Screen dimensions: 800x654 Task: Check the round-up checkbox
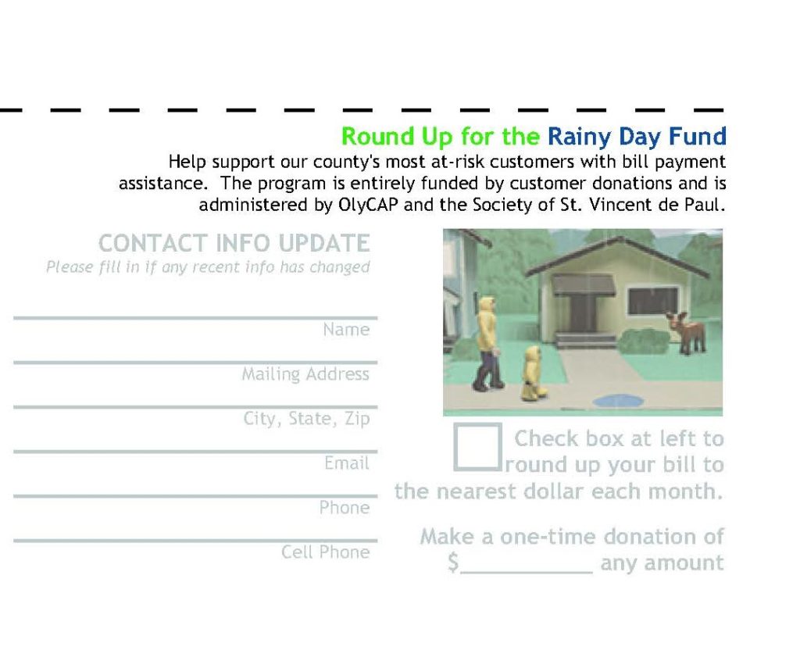477,447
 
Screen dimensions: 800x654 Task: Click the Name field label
346,330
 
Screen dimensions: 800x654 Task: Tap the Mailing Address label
305,374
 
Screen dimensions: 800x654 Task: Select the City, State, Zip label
306,418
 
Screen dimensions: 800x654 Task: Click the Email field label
347,463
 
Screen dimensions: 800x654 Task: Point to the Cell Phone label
326,552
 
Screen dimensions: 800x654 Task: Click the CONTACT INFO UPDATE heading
234,243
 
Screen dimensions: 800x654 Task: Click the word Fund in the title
698,136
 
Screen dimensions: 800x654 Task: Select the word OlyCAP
368,205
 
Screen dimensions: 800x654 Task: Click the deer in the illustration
687,332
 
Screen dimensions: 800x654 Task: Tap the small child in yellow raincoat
533,373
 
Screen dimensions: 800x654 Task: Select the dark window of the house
653,301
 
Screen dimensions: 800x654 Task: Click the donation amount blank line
527,573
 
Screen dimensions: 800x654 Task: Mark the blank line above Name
195,318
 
